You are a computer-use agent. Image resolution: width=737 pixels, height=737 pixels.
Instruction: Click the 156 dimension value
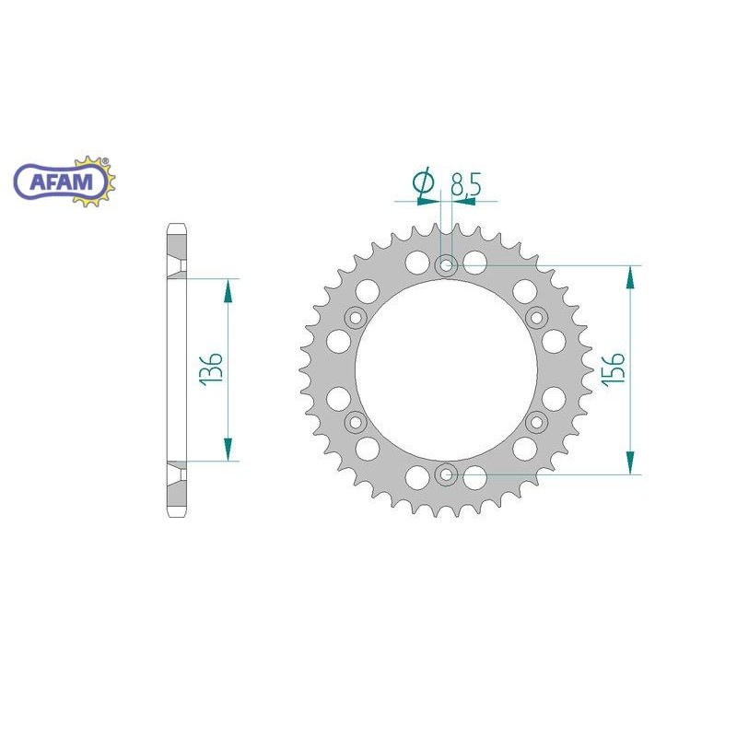click(x=615, y=369)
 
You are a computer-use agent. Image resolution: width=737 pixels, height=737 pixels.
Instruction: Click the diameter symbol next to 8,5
click(x=425, y=184)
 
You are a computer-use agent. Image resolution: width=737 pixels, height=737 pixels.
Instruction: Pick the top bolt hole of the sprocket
click(x=447, y=266)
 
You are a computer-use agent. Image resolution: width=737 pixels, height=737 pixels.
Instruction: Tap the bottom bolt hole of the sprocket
click(x=447, y=474)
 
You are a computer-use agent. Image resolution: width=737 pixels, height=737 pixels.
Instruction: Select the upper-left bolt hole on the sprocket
click(x=356, y=318)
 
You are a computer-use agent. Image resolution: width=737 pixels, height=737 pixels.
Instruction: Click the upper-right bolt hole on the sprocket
click(x=537, y=318)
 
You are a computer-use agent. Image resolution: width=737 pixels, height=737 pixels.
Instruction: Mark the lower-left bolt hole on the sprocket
click(x=356, y=423)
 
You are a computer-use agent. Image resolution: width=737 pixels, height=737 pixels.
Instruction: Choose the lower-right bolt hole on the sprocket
click(x=537, y=423)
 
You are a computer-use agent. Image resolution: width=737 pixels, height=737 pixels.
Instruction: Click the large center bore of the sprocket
click(x=447, y=370)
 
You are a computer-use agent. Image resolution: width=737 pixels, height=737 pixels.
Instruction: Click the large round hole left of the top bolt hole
click(x=417, y=261)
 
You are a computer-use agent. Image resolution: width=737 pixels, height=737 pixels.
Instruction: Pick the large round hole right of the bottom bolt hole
click(x=475, y=478)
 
